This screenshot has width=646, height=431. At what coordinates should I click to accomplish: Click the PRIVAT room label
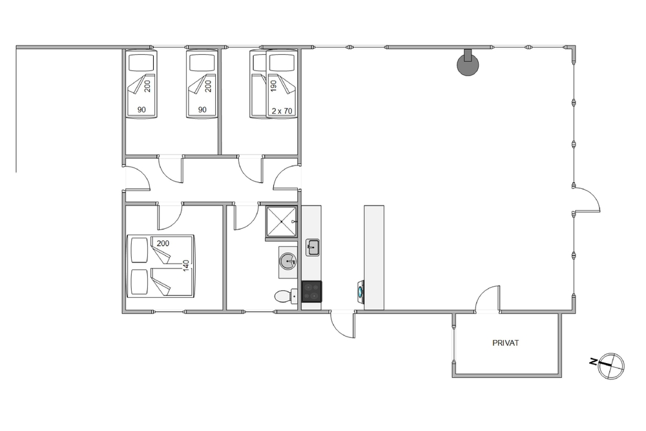pos(506,343)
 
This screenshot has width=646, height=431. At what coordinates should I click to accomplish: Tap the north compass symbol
pos(610,366)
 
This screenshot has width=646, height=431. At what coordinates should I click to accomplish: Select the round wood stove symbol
pos(468,63)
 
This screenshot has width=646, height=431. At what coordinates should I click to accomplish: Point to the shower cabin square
pos(282,222)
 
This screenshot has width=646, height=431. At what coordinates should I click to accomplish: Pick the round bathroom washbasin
pos(287,261)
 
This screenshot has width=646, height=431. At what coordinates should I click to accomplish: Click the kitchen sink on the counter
pos(312,247)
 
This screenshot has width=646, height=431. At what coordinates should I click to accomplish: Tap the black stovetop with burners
pos(312,291)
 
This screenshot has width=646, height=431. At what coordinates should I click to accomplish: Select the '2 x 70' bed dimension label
pos(282,111)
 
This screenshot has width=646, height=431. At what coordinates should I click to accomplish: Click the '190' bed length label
pos(273,86)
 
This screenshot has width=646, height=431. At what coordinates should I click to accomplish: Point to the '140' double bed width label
pos(186,266)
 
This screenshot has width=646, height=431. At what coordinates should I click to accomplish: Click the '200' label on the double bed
pos(163,244)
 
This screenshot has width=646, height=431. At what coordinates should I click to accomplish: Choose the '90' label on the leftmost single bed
pos(141,110)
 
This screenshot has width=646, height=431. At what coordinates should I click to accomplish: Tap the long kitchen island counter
pos(374,258)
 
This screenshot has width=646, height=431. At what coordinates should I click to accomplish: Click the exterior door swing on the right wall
pos(587,200)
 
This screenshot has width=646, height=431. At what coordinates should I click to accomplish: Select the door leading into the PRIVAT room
pos(488,299)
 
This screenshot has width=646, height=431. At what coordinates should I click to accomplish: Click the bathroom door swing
pos(246,216)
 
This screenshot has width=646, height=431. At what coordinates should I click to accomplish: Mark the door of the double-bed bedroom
pos(170,216)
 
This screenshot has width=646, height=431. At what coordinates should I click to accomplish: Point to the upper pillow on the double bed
pos(139,250)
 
